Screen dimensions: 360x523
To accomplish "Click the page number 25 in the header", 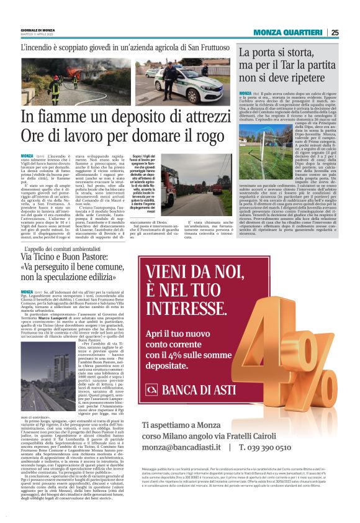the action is pyautogui.click(x=335, y=32).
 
